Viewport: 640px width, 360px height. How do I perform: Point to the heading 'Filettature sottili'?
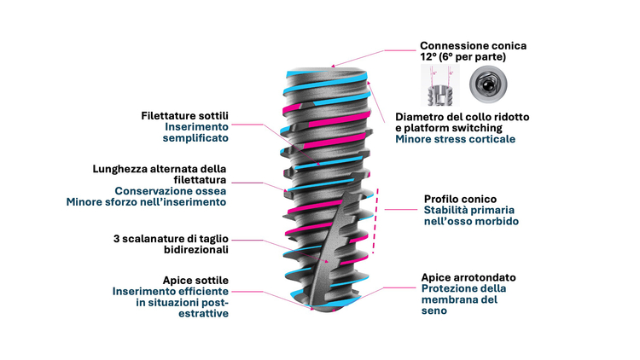click(x=185, y=115)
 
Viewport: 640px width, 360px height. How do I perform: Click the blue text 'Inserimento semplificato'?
click(x=196, y=131)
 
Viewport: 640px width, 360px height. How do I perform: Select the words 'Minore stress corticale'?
click(x=455, y=138)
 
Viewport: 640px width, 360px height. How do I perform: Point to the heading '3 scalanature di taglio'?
click(x=171, y=240)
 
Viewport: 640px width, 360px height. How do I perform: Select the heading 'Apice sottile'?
click(x=195, y=280)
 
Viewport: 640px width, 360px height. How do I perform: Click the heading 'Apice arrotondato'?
click(x=468, y=277)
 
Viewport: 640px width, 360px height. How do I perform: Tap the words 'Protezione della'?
click(x=463, y=288)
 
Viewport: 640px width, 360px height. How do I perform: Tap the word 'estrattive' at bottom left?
click(x=205, y=313)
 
